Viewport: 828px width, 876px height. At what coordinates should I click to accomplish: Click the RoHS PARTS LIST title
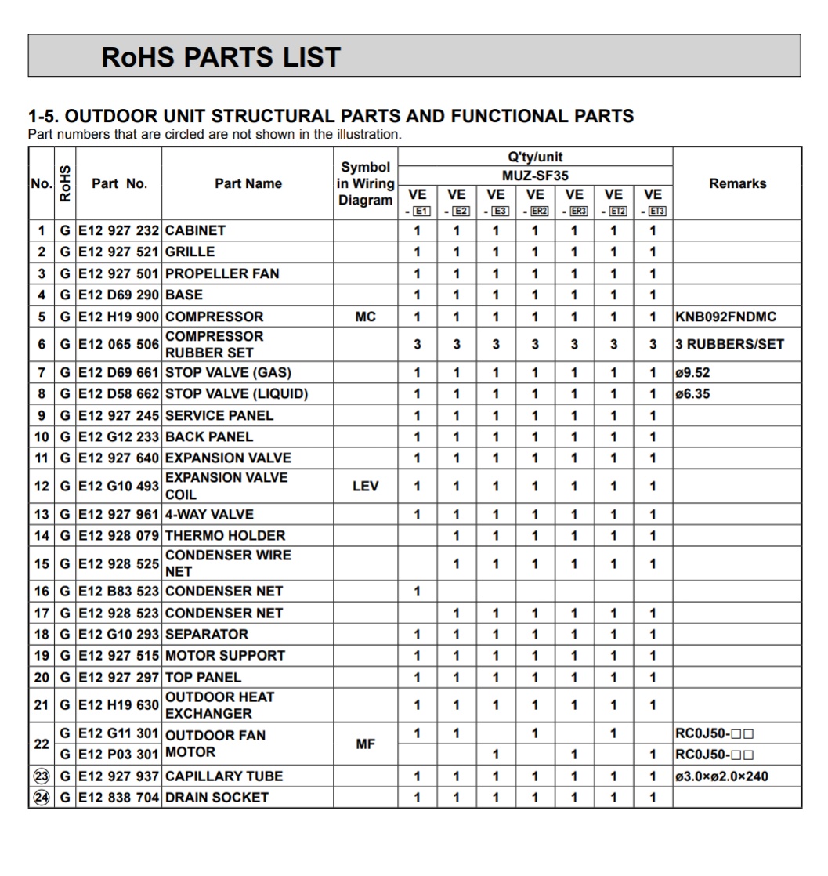pos(221,56)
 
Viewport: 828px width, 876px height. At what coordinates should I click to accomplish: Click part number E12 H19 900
pos(118,317)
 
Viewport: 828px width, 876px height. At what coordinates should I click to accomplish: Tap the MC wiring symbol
pos(365,317)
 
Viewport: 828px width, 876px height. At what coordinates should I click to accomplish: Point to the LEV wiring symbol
pos(365,486)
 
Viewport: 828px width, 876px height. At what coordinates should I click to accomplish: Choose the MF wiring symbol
pos(365,744)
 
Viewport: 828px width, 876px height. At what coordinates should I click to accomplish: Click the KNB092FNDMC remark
pos(725,317)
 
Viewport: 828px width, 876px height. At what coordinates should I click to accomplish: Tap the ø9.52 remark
pos(692,372)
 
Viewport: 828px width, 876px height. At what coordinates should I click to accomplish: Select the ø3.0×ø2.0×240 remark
pos(721,776)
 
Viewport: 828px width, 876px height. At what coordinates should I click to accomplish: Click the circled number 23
pos(41,776)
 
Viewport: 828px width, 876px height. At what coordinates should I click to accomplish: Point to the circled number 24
pos(41,798)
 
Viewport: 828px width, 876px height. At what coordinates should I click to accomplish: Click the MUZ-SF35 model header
pos(535,176)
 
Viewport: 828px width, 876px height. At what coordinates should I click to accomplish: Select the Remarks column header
pos(737,183)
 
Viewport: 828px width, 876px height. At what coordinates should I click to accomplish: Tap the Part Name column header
pos(248,183)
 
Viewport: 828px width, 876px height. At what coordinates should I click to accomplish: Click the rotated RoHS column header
pos(65,183)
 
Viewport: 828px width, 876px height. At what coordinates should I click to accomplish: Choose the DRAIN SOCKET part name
pos(216,798)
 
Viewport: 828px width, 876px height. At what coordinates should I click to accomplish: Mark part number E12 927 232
pos(118,231)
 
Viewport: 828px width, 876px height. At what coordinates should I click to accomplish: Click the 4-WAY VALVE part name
pos(209,514)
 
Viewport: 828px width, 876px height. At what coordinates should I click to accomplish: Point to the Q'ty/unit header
pos(535,157)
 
